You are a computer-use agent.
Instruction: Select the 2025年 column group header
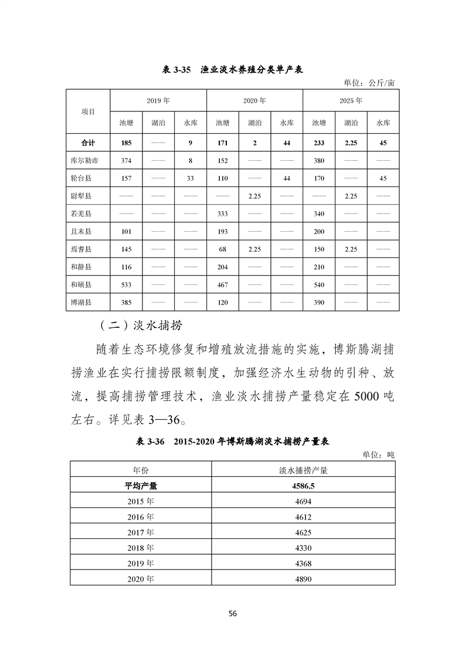coord(351,100)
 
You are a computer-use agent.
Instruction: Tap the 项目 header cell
coord(87,111)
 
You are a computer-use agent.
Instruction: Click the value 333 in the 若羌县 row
coord(222,213)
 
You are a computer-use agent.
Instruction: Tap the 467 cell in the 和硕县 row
coord(222,284)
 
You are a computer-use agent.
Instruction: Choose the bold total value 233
coord(318,142)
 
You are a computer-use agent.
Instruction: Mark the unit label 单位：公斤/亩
coord(369,83)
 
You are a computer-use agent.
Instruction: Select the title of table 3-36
coord(232,442)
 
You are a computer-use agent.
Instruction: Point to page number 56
coord(232,613)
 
